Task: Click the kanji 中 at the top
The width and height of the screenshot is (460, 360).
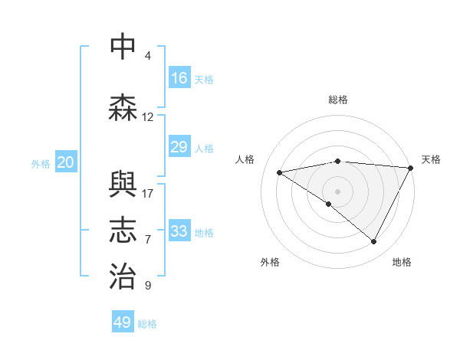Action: click(123, 47)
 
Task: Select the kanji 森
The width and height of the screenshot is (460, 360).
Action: click(123, 108)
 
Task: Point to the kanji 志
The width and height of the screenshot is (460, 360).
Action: click(123, 231)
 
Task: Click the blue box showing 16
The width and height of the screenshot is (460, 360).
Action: click(179, 78)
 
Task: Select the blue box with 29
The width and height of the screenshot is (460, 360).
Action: click(179, 147)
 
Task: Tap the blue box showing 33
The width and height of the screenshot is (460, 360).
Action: click(179, 231)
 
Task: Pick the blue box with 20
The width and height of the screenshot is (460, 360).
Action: click(65, 162)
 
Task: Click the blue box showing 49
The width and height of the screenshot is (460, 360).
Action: click(123, 322)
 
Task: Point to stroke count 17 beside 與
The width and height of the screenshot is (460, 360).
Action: click(148, 193)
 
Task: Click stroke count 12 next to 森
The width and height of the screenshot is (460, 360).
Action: click(148, 117)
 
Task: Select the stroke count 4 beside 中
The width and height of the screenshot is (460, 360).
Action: click(148, 56)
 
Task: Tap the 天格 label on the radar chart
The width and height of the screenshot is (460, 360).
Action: click(431, 159)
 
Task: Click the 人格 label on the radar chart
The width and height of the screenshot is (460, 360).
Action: click(245, 159)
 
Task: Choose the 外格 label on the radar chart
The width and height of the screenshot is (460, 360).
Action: click(270, 262)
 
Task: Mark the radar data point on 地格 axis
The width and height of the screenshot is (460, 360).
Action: click(374, 242)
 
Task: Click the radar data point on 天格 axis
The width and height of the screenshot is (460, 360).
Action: click(411, 168)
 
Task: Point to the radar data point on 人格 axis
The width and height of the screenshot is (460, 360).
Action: click(280, 172)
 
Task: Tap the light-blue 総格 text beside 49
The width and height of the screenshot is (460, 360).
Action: click(147, 324)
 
